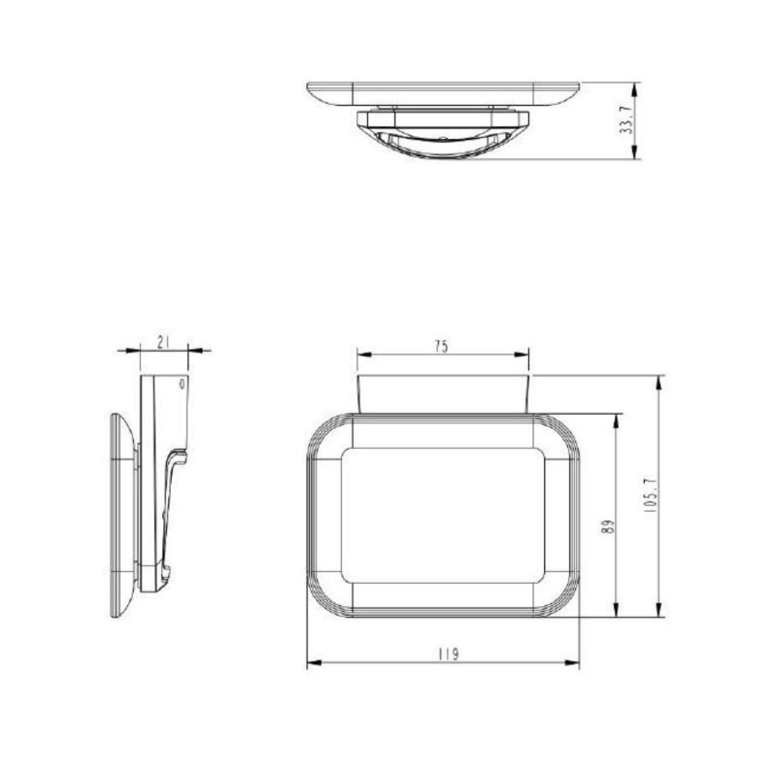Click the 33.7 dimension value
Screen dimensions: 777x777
coord(626,121)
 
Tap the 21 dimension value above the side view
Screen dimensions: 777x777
coord(164,342)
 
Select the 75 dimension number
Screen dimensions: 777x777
coord(442,346)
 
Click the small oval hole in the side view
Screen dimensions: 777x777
coord(181,385)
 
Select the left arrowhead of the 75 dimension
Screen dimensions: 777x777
coord(362,354)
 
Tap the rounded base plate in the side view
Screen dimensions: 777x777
coord(120,515)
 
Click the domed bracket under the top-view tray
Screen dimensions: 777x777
coord(442,136)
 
